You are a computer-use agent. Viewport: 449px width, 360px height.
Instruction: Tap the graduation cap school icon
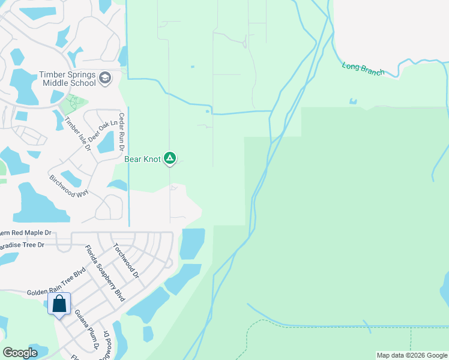click(106, 78)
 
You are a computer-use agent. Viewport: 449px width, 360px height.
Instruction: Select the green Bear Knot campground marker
click(170, 158)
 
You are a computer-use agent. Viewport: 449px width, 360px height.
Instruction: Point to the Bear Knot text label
click(143, 159)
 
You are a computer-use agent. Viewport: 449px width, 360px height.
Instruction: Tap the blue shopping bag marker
click(60, 304)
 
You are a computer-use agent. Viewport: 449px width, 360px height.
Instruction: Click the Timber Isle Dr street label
click(77, 133)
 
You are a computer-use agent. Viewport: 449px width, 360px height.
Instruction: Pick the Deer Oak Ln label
click(101, 128)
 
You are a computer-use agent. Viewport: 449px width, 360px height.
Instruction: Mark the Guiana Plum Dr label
click(86, 329)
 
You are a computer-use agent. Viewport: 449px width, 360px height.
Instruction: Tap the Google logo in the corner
click(20, 353)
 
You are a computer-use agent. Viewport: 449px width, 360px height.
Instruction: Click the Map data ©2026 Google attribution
click(412, 355)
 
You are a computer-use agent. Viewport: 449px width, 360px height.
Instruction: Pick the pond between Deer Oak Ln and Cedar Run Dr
click(106, 142)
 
